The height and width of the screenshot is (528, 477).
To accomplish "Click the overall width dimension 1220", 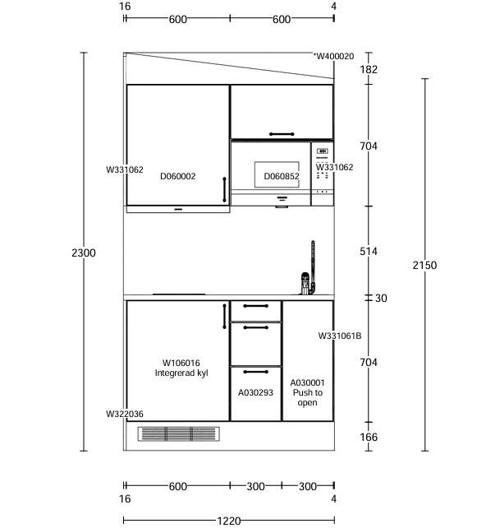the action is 229,521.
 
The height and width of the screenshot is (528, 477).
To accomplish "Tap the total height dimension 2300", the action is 84,252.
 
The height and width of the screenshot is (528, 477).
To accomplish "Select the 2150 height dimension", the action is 425,265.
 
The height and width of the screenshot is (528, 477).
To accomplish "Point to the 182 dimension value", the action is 369,69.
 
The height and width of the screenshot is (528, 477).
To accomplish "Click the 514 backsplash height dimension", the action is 369,251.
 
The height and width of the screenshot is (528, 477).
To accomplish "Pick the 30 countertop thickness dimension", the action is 381,298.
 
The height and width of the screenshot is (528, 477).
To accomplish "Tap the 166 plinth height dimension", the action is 369,437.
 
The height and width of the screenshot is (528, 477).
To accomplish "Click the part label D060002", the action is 178,176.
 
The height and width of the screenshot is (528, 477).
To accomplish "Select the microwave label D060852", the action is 282,176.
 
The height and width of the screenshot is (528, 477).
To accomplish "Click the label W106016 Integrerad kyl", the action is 181,368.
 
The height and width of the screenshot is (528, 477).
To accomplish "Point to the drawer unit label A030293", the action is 255,392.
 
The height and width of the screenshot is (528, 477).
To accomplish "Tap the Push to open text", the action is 308,397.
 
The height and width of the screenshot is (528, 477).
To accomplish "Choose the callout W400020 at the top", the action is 334,56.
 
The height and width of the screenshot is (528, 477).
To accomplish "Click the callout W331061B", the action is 340,336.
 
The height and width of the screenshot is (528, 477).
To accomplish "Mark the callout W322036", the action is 125,414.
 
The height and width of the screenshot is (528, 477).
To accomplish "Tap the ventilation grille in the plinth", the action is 178,434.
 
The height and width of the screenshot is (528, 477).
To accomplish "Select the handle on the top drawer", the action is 256,306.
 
